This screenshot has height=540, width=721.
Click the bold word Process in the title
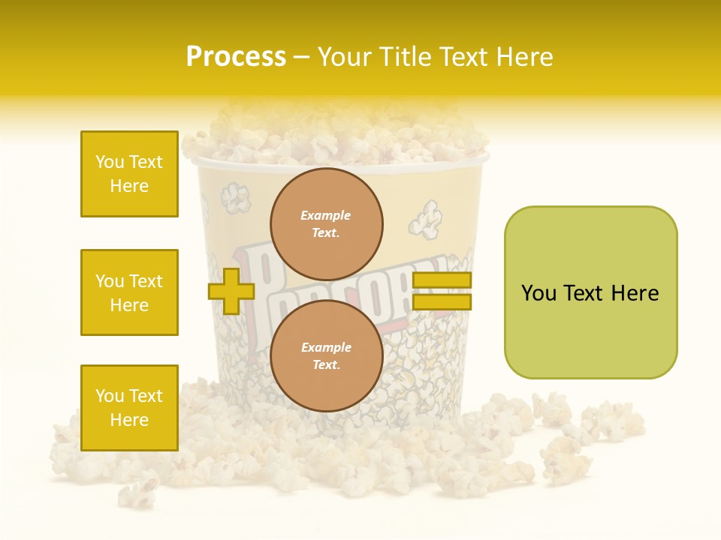coord(236,57)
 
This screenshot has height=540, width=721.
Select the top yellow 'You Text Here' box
coord(129,174)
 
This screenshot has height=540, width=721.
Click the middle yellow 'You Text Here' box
coord(129,292)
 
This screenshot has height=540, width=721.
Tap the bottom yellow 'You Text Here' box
coord(129,408)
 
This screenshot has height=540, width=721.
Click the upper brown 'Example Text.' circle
coord(327,224)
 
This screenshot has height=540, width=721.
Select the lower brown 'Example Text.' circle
coord(327,356)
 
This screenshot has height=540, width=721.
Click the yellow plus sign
coord(231,291)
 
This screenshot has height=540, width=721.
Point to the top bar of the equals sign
coord(442,280)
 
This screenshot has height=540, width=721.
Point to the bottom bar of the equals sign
coord(442,302)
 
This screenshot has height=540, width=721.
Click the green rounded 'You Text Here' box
coord(590,292)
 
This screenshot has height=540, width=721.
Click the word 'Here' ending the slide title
coord(525,57)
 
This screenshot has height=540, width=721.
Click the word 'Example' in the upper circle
coord(325,215)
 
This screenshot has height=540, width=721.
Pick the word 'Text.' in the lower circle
coord(326,365)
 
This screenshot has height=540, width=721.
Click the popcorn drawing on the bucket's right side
coord(426,218)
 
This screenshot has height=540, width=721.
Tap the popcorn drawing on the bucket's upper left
coord(236,198)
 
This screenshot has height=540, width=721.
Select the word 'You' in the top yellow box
coord(110,162)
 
